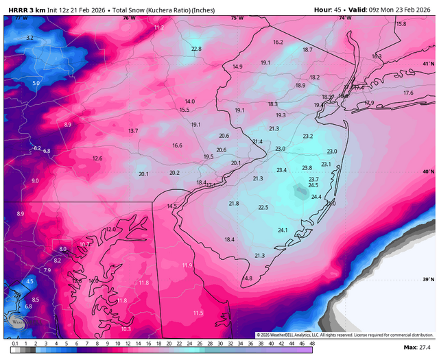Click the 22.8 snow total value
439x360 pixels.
point(196,49)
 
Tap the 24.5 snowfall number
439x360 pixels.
point(313,185)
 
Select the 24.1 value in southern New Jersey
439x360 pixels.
point(282,230)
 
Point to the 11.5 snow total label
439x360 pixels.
point(198,313)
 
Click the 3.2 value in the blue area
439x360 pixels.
point(29,37)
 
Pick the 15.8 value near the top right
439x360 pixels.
point(401,24)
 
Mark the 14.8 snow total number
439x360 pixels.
point(247,278)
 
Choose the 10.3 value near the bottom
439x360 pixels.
point(126,329)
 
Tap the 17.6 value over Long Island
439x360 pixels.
point(408,93)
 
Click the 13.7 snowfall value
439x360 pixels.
point(132,130)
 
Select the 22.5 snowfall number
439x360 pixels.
point(263,207)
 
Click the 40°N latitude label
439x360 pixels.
point(428,171)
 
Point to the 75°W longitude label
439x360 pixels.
point(237,18)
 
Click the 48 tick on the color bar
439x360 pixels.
point(312,344)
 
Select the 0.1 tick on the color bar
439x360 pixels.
point(14,344)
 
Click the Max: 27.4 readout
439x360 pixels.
point(419,350)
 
